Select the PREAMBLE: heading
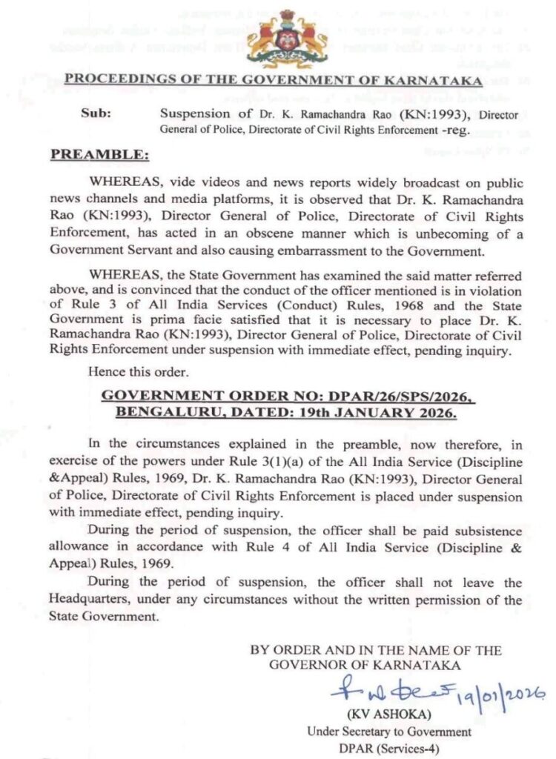pos(99,155)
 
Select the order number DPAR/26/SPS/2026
pos(392,400)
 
